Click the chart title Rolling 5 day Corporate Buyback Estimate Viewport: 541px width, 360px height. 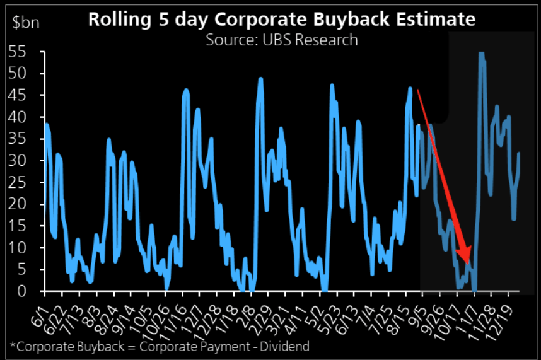pos(281,19)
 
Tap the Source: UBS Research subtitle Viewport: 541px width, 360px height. pos(281,40)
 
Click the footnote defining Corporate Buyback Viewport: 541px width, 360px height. pos(160,346)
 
